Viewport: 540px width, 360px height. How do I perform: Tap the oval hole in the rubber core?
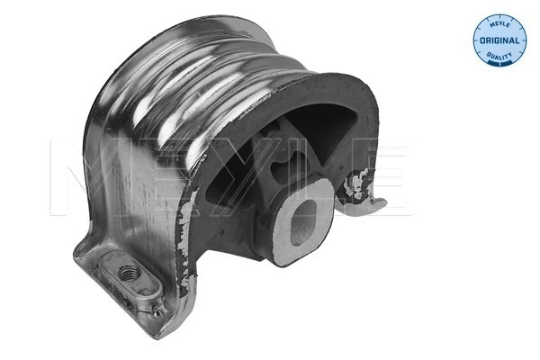click(x=301, y=218)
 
